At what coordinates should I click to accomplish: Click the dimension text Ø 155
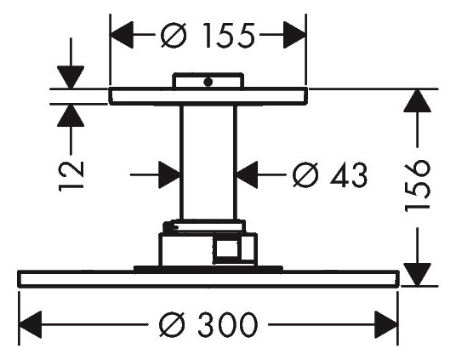(208, 35)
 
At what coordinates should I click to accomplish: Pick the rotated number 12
(73, 173)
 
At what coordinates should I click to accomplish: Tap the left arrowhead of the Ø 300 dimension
(31, 324)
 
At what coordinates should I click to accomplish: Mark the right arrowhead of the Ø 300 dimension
(387, 324)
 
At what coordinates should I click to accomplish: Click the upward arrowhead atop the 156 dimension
(414, 103)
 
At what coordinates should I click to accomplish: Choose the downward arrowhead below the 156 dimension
(414, 273)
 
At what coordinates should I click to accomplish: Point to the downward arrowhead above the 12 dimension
(71, 76)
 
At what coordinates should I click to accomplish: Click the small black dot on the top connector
(205, 83)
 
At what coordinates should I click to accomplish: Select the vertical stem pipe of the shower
(208, 162)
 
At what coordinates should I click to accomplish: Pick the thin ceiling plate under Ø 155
(208, 95)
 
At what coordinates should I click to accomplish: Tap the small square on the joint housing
(227, 250)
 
